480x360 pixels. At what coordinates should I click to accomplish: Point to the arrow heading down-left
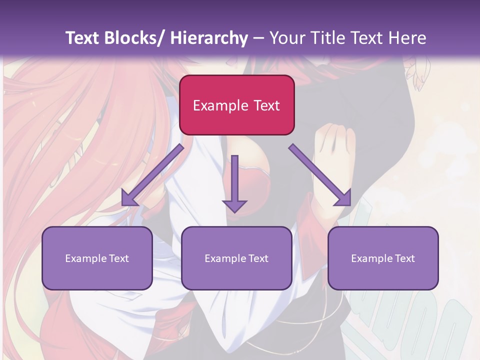click(x=152, y=175)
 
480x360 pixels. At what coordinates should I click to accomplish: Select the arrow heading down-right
click(x=320, y=175)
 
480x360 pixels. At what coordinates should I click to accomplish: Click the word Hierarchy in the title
click(x=208, y=38)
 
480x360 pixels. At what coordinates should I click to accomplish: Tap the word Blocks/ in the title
click(x=134, y=38)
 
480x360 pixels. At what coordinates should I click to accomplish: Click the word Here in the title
click(x=406, y=38)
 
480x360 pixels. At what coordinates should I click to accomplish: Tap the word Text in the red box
click(x=266, y=106)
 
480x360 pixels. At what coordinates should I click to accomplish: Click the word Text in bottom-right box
click(x=404, y=258)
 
